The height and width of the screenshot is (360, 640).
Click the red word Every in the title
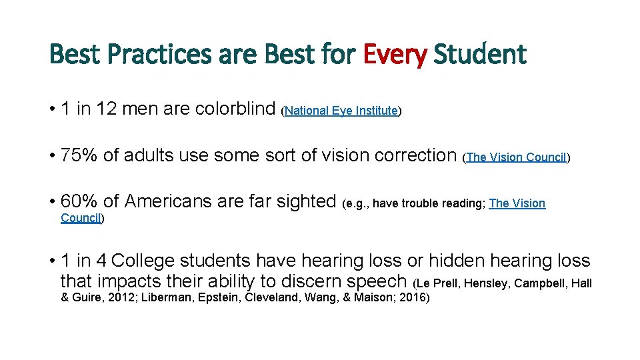[x=395, y=55]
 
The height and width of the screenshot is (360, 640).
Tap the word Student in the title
[x=479, y=55]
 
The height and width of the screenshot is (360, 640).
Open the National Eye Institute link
[x=341, y=111]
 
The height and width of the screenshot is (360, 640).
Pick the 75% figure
[x=79, y=155]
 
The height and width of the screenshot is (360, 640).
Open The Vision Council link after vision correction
[x=516, y=158]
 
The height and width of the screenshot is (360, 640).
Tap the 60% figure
[x=79, y=201]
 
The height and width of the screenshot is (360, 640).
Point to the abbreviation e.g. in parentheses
[x=357, y=203]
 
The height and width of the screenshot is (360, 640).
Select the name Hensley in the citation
[x=486, y=283]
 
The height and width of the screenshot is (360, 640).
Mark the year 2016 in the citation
[x=412, y=298]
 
